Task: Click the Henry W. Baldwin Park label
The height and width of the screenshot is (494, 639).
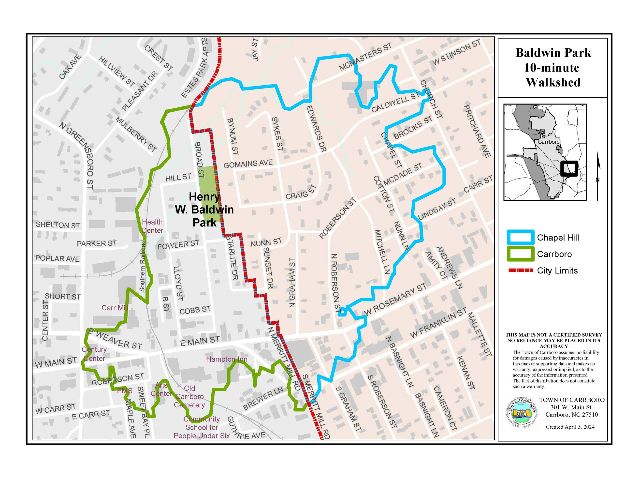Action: point(204,210)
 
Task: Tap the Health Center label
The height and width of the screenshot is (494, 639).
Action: point(152,226)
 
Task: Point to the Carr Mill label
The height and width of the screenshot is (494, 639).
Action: point(115,308)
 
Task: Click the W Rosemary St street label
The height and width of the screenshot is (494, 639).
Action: point(395,300)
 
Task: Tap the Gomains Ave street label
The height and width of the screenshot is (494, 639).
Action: point(248,164)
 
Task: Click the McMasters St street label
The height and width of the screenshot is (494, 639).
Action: point(365,57)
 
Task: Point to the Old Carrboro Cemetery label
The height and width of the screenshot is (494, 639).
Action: point(189,397)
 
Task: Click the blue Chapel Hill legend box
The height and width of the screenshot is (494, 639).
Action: point(521,238)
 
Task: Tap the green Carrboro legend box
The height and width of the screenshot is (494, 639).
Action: point(521,254)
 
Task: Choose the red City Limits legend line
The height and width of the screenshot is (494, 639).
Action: point(521,270)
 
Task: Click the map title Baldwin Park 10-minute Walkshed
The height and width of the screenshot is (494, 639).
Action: point(553,68)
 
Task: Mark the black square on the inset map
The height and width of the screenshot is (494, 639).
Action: point(569,169)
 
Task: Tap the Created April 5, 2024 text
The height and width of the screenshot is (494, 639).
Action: point(570,427)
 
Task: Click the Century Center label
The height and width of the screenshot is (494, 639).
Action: point(94,354)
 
